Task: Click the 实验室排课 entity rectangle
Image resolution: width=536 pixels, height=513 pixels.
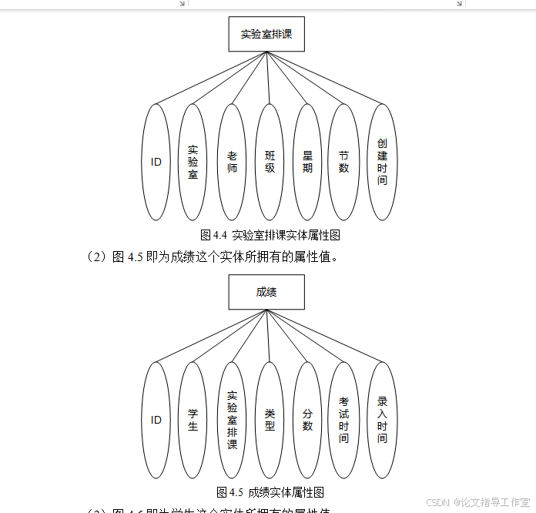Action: tap(266, 34)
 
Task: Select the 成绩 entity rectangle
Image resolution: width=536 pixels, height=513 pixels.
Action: tap(266, 292)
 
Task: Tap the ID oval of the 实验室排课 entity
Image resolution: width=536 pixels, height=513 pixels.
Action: tap(156, 162)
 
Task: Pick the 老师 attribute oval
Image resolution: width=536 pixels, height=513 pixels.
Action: tap(232, 162)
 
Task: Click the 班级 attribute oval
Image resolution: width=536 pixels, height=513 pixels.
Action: tap(270, 162)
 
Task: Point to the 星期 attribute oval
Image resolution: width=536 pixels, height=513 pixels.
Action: tap(307, 162)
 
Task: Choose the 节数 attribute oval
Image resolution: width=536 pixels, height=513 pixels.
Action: tap(344, 162)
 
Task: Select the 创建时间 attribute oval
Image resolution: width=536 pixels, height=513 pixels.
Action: tap(383, 162)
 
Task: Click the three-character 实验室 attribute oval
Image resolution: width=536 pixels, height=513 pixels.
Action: tap(193, 162)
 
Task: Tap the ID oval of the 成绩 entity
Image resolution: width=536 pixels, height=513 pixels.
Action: tap(156, 420)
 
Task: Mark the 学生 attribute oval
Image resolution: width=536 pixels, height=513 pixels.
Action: tap(193, 420)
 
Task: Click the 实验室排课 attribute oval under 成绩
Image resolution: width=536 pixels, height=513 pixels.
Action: tap(232, 420)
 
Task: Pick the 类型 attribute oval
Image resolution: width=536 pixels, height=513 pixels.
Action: tap(270, 420)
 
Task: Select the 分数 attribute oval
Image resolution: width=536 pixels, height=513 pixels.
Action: tap(307, 420)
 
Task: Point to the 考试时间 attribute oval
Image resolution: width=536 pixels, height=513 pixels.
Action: tap(344, 420)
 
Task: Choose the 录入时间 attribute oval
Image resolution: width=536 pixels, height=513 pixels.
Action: tap(383, 420)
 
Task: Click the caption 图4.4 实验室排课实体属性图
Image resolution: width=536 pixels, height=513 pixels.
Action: tap(270, 235)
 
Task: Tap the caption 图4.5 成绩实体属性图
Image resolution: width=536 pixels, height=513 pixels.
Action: tap(270, 492)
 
